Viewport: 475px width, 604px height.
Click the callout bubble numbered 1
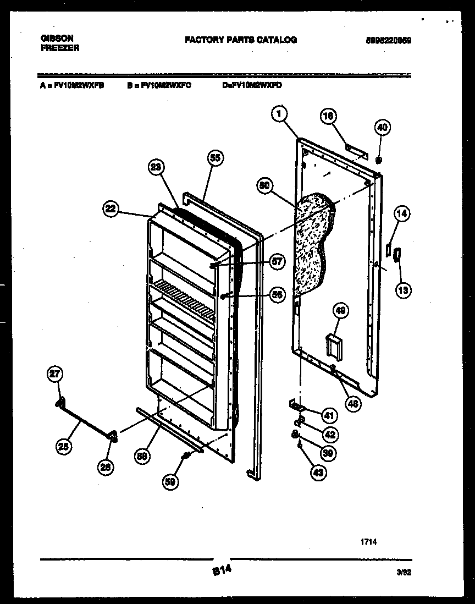[280, 114]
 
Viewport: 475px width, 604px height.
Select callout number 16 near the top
[328, 116]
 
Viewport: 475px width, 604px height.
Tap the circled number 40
[382, 128]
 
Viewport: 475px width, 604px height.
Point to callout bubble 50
[266, 186]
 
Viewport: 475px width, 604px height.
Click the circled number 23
[157, 168]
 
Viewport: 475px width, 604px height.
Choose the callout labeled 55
[215, 158]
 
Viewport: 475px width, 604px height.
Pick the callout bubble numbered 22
[111, 208]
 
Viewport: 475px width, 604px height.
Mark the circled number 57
[277, 261]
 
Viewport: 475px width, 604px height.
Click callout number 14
[402, 215]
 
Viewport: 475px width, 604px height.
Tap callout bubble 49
[341, 312]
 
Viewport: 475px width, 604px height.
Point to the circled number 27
[54, 375]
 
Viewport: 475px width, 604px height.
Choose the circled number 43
[318, 471]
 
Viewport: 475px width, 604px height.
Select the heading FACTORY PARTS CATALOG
[240, 40]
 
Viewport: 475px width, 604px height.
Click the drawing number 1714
[369, 542]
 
